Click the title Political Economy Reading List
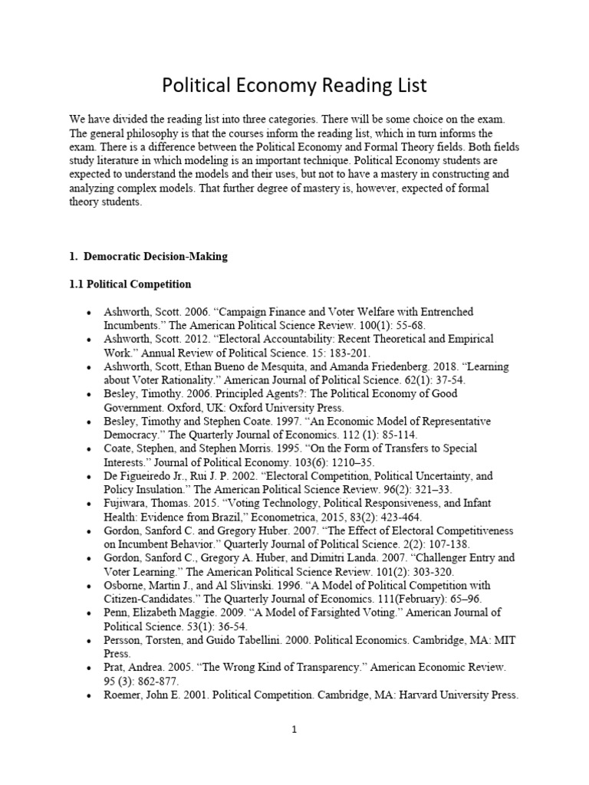[294, 85]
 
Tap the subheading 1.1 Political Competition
[130, 284]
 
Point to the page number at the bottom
[294, 731]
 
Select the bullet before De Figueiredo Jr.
[90, 476]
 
